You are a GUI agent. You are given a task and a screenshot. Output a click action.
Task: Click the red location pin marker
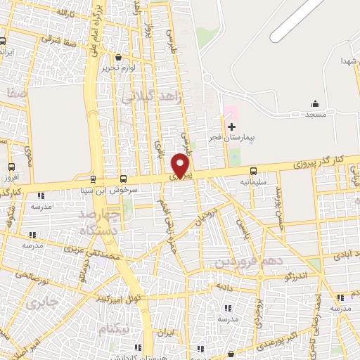[x=181, y=165]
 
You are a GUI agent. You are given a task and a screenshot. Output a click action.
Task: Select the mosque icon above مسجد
[x=314, y=103]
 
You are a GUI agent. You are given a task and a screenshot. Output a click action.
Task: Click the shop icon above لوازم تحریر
[x=116, y=58]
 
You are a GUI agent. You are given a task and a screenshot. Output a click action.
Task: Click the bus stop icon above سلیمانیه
[x=253, y=171]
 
